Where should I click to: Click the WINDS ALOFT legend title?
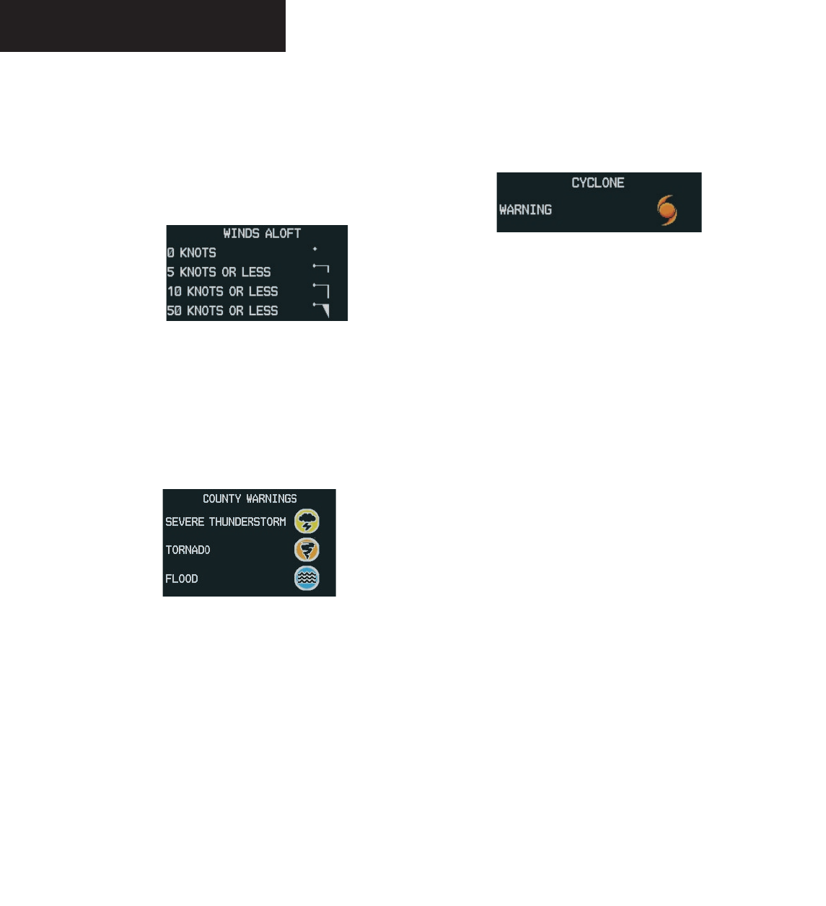point(261,233)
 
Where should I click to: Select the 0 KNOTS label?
point(192,252)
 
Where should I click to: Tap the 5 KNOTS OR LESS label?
point(219,272)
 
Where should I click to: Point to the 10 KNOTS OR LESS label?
point(223,291)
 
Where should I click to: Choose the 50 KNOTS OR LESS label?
point(223,311)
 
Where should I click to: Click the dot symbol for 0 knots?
point(315,249)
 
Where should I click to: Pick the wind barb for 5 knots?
point(321,268)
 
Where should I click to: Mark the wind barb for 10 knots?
point(322,289)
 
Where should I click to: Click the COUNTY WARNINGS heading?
point(250,498)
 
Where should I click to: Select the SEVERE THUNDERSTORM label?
point(226,522)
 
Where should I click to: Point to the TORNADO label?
point(188,550)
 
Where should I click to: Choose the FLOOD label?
point(182,579)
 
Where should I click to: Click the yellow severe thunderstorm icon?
point(307,522)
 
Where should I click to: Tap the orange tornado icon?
point(307,550)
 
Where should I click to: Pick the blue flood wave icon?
point(307,579)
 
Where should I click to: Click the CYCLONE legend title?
point(598,182)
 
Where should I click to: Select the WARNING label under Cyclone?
point(526,210)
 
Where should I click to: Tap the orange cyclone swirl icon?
point(667,210)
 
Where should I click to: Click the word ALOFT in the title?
point(283,233)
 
